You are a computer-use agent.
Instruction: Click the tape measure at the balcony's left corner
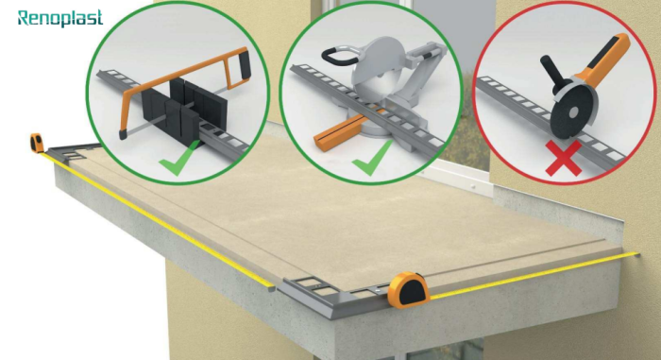point(38,143)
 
